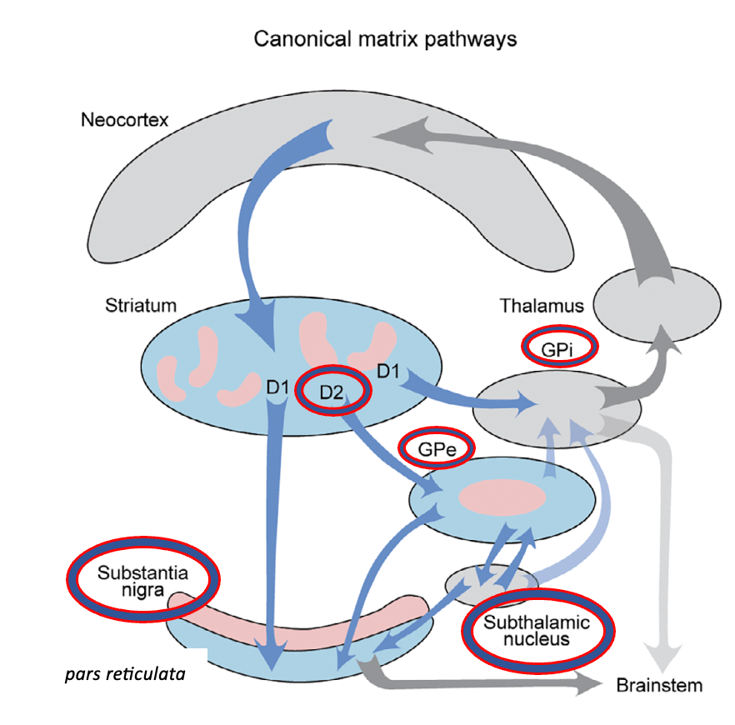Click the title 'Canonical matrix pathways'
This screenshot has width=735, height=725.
[385, 39]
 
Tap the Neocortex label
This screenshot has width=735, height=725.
[124, 120]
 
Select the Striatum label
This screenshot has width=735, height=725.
[141, 305]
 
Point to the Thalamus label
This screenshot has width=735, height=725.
[542, 306]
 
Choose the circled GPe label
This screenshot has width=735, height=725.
[437, 448]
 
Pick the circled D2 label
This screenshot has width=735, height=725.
[333, 391]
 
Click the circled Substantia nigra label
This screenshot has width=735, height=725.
[142, 581]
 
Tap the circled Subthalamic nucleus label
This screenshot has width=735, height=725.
[537, 632]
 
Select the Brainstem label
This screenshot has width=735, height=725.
[658, 686]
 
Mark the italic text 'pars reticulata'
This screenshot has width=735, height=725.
[124, 672]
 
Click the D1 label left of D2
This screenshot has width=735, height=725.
[277, 387]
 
